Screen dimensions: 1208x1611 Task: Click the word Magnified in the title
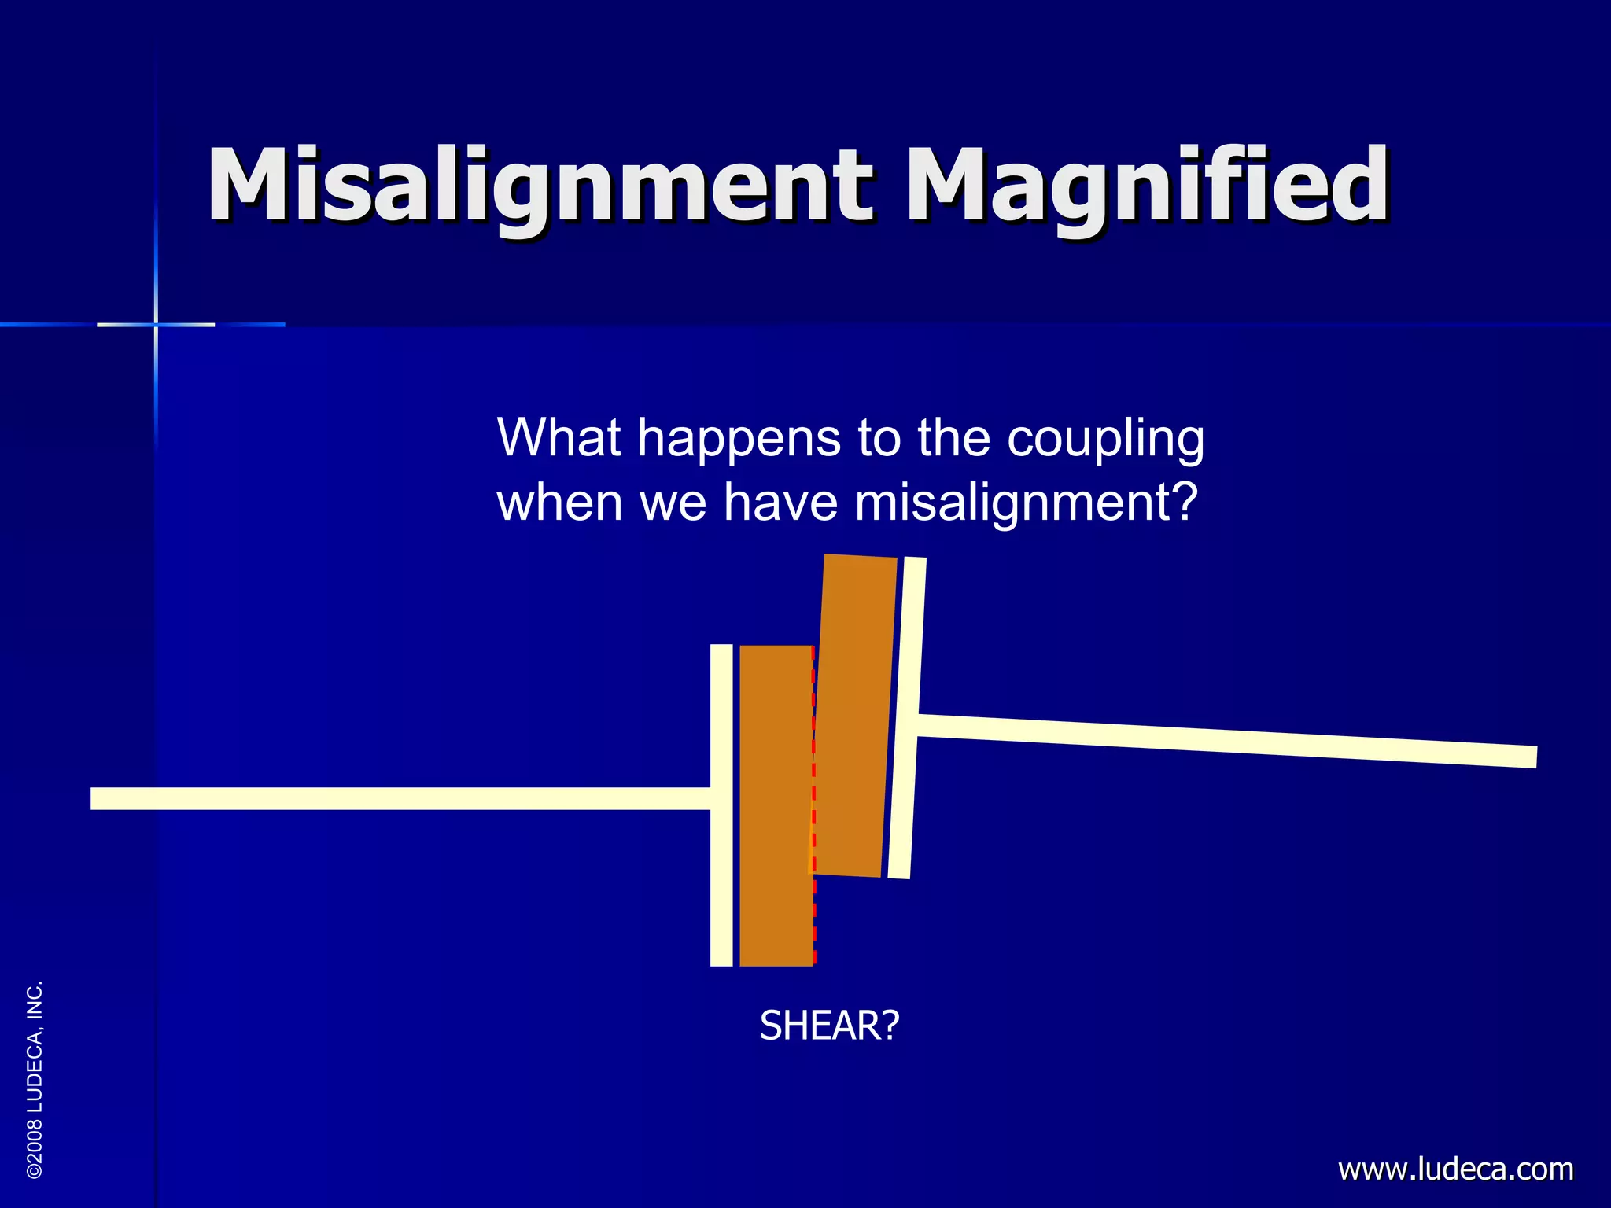pos(1148,185)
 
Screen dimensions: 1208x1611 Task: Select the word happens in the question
pos(739,439)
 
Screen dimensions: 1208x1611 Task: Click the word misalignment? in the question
pos(1026,503)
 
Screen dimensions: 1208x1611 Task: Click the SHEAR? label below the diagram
pos(829,1026)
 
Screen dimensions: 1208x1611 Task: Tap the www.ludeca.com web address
pos(1455,1169)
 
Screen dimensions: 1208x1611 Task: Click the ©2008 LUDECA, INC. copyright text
pos(35,1079)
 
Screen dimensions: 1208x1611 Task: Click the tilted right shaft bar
pos(1227,741)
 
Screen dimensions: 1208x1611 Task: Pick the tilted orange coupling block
pos(853,716)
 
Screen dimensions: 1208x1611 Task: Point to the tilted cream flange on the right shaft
pos(906,717)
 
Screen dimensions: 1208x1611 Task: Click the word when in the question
pos(559,503)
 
